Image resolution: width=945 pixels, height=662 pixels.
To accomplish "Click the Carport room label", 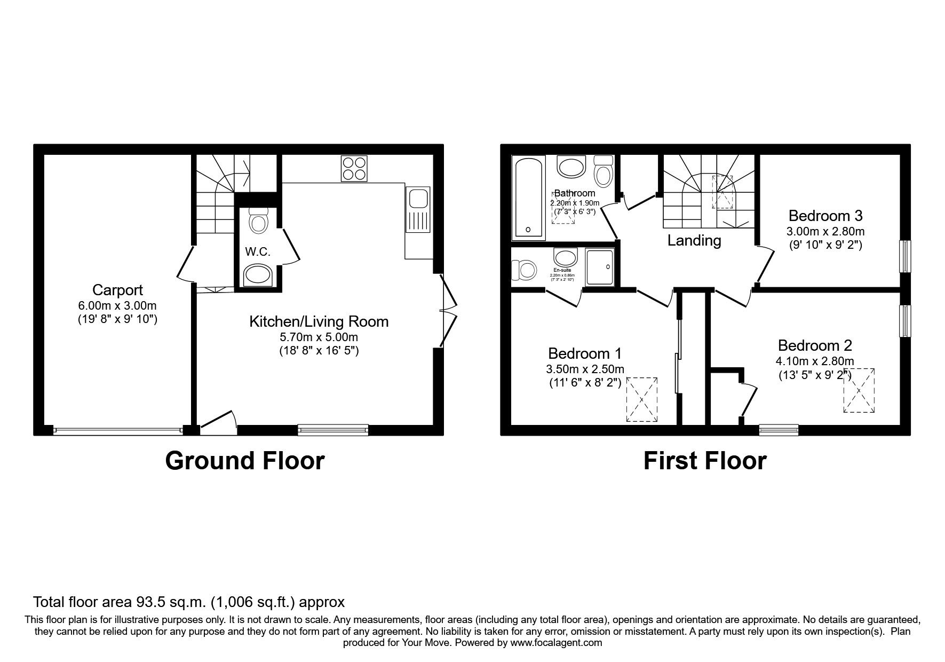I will [x=117, y=290].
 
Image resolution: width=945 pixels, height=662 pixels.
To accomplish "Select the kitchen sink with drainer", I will [x=417, y=210].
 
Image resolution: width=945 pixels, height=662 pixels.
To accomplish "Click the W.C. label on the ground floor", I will [x=258, y=252].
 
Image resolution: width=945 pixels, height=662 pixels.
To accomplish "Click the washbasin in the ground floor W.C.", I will [x=258, y=276].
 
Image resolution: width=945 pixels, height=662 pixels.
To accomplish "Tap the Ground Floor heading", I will [x=244, y=461].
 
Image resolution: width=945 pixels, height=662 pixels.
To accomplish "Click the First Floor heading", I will [x=704, y=461].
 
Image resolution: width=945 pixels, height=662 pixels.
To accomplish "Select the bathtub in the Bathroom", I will [x=529, y=198].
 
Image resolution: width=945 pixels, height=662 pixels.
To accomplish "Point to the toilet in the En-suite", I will [x=523, y=270].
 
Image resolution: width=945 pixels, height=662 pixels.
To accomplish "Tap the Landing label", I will [x=694, y=241].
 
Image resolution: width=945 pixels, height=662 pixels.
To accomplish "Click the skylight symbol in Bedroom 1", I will [x=642, y=399].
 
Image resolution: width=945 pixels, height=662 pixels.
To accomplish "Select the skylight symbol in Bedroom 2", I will [x=859, y=390].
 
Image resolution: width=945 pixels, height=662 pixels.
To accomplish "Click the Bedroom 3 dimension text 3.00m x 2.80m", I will [x=825, y=232].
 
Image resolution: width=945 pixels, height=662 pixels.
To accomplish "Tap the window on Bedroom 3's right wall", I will [x=905, y=256].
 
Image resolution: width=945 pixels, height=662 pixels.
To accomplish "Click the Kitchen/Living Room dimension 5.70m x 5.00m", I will [x=319, y=337].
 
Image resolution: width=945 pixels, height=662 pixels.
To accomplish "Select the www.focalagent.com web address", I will [x=556, y=643].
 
